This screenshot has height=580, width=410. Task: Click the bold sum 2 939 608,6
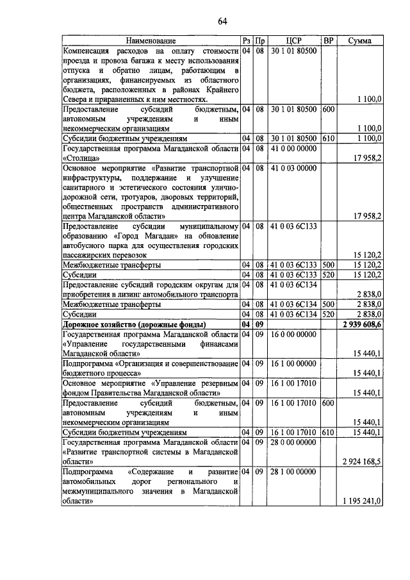click(x=361, y=325)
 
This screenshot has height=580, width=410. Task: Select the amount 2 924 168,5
click(x=361, y=461)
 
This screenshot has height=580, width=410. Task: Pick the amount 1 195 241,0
click(x=361, y=501)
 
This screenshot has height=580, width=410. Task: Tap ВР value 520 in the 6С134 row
click(x=328, y=315)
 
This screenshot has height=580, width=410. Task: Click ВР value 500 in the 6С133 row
click(x=328, y=265)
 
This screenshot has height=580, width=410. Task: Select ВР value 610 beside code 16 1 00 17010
click(x=328, y=433)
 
